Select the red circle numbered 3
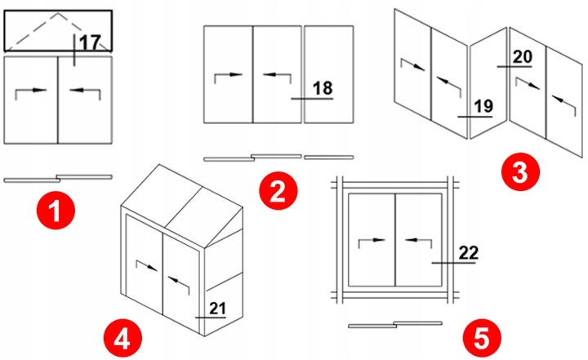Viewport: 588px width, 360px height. click(519, 171)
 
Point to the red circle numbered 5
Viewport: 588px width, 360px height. click(479, 336)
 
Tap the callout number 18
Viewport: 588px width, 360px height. click(323, 87)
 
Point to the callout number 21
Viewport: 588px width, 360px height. click(216, 307)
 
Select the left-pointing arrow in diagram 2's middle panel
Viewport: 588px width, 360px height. click(275, 75)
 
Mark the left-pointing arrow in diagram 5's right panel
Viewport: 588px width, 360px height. click(418, 241)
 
